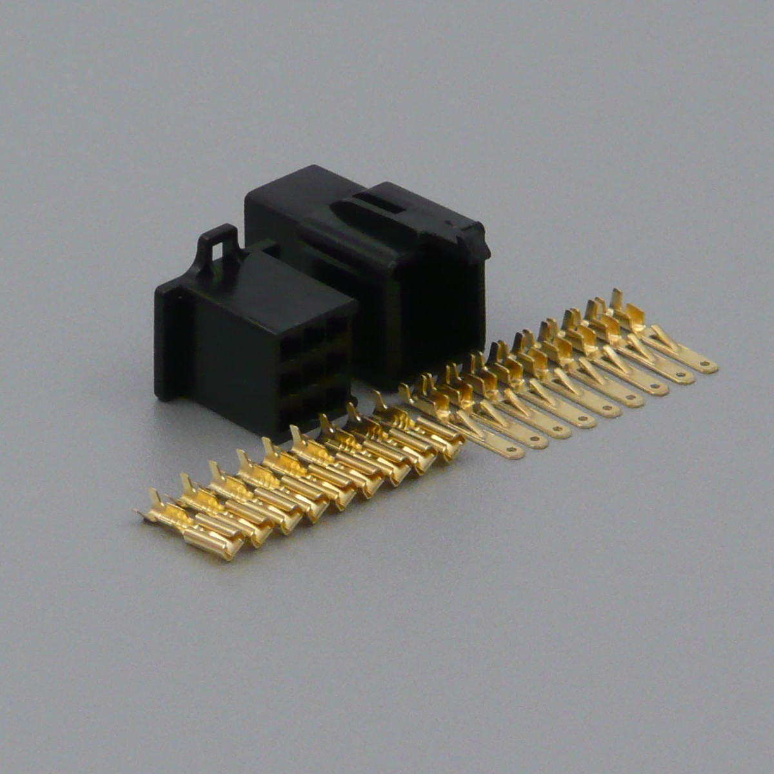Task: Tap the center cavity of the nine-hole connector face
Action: coord(314,371)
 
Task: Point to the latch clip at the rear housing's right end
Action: coord(474,242)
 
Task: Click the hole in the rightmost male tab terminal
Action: coord(706,366)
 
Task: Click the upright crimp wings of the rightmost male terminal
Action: coord(626,310)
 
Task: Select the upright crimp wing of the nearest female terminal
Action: coord(155,503)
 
